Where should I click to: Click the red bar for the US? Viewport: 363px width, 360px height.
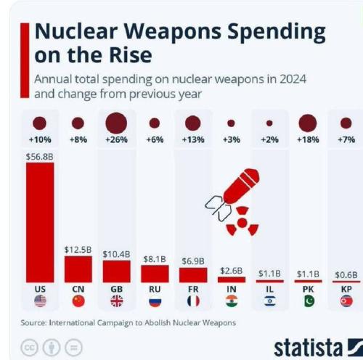[x=40, y=222]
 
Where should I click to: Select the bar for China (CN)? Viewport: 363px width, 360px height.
[x=78, y=269]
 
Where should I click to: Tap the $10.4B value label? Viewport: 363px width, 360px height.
[x=116, y=254]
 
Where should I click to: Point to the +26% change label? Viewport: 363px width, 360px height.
[x=116, y=139]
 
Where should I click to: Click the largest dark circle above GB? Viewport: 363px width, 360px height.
[x=116, y=123]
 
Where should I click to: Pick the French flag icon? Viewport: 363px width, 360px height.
[x=193, y=301]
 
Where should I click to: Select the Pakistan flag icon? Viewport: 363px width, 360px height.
[x=308, y=301]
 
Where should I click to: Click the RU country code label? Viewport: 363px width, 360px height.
[x=155, y=289]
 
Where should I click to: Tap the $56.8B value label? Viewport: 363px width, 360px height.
[x=40, y=157]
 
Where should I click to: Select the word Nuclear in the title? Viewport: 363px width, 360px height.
[x=76, y=31]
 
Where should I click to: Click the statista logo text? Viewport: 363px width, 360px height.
[x=308, y=348]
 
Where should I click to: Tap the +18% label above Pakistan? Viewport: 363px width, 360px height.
[x=308, y=139]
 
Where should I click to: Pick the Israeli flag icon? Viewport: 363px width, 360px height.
[x=270, y=301]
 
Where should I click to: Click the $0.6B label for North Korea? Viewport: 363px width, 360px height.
[x=346, y=275]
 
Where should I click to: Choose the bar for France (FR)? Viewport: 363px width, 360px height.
[x=193, y=275]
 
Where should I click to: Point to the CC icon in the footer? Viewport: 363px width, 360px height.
[x=29, y=348]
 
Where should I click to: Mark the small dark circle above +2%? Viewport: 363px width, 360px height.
[x=269, y=123]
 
